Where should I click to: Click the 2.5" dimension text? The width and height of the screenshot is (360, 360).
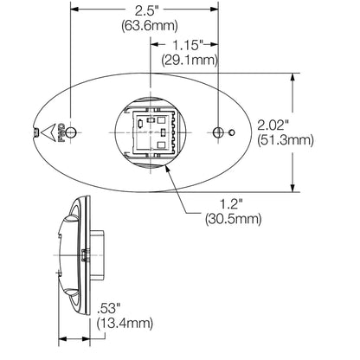147,11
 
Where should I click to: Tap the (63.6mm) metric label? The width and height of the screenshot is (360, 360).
150,26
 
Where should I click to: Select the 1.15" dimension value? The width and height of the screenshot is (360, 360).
188,45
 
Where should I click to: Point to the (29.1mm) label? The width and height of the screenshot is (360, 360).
190,61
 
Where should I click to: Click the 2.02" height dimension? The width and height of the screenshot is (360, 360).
273,125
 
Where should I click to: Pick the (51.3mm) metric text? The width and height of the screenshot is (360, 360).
286,141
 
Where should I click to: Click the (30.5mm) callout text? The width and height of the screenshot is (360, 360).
234,219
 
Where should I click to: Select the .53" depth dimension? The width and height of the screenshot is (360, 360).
108,308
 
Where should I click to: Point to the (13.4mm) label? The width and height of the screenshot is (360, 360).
125,324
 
